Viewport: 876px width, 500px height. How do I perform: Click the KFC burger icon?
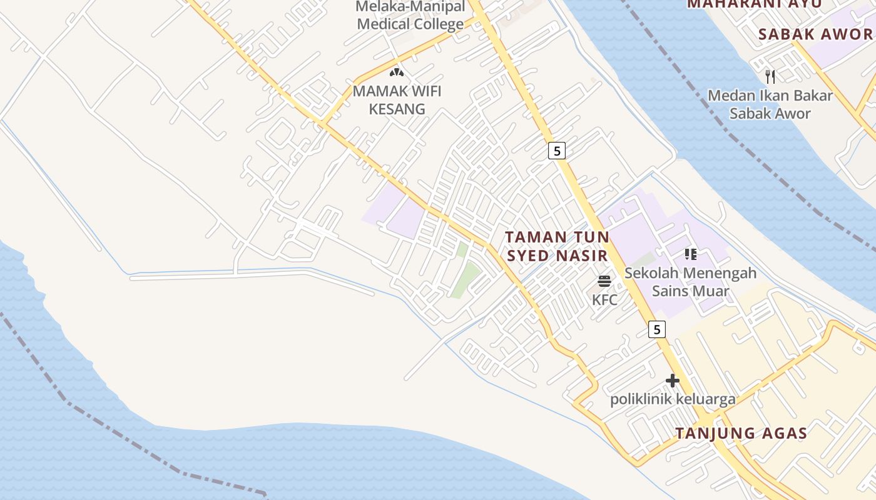click(x=604, y=281)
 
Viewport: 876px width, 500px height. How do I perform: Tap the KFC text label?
click(x=604, y=299)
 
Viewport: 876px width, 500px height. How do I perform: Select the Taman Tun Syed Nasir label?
click(x=557, y=246)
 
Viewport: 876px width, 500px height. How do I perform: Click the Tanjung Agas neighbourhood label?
click(x=741, y=433)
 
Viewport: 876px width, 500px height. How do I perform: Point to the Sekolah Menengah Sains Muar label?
click(x=690, y=282)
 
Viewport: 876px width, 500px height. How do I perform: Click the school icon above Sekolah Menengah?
click(x=690, y=254)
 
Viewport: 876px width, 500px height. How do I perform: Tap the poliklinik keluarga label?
click(x=673, y=399)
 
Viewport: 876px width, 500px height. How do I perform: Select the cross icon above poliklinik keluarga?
click(x=673, y=380)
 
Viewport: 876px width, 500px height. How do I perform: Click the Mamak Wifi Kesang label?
click(x=397, y=100)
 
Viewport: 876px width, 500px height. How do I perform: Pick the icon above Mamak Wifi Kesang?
click(x=397, y=72)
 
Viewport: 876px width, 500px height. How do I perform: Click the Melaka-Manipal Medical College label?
click(x=410, y=16)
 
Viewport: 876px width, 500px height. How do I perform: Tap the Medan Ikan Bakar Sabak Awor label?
click(x=770, y=104)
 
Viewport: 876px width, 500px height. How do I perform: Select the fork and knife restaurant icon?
click(x=770, y=76)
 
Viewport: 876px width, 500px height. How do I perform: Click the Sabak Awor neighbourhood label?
click(x=815, y=34)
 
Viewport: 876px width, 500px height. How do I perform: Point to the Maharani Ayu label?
click(x=753, y=4)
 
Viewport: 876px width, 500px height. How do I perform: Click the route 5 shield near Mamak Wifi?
click(x=556, y=150)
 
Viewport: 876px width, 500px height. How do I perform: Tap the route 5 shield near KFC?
click(x=656, y=329)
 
